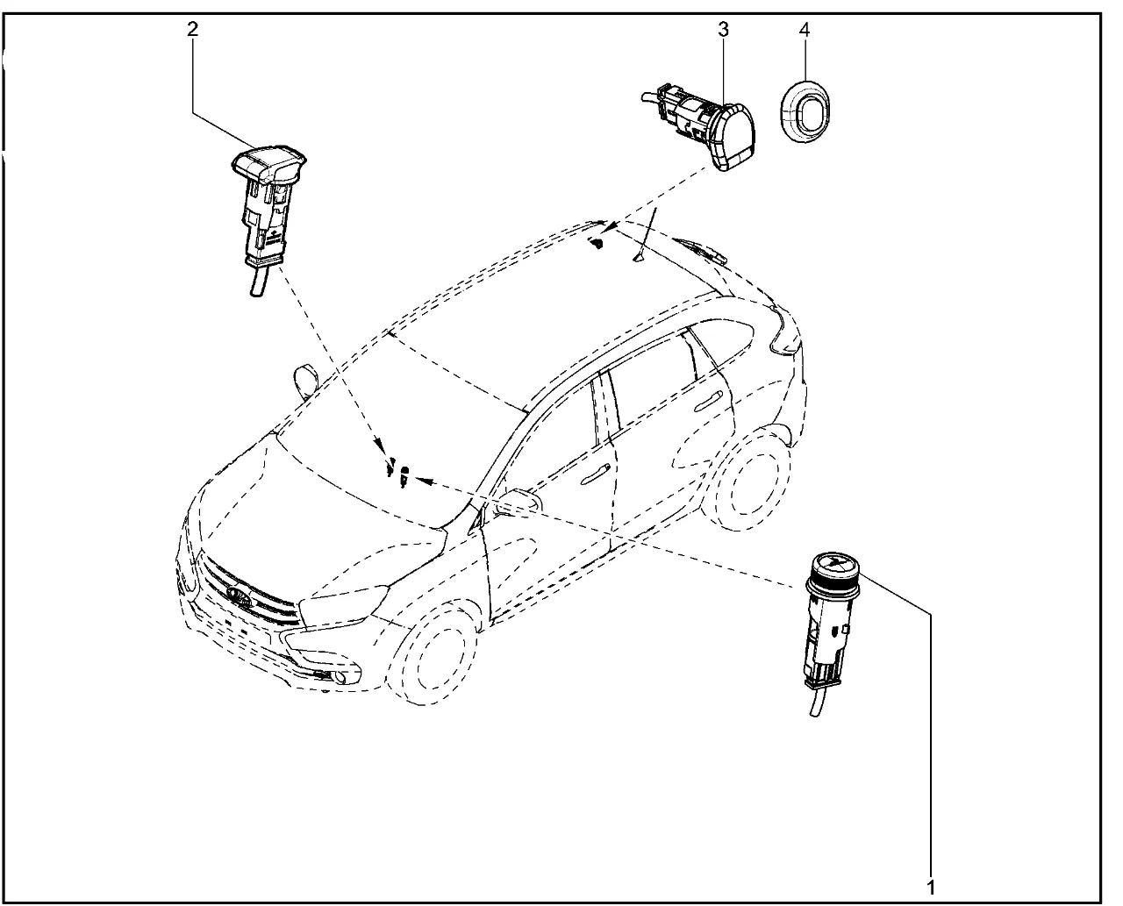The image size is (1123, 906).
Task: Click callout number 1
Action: (931, 888)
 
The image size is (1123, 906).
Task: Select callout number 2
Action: (192, 28)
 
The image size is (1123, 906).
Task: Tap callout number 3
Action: (723, 29)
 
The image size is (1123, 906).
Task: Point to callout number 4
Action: (804, 29)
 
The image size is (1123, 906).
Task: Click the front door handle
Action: (596, 473)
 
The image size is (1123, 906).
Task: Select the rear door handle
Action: (709, 402)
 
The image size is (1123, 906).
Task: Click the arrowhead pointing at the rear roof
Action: (609, 228)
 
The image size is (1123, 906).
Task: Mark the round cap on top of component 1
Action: (833, 565)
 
